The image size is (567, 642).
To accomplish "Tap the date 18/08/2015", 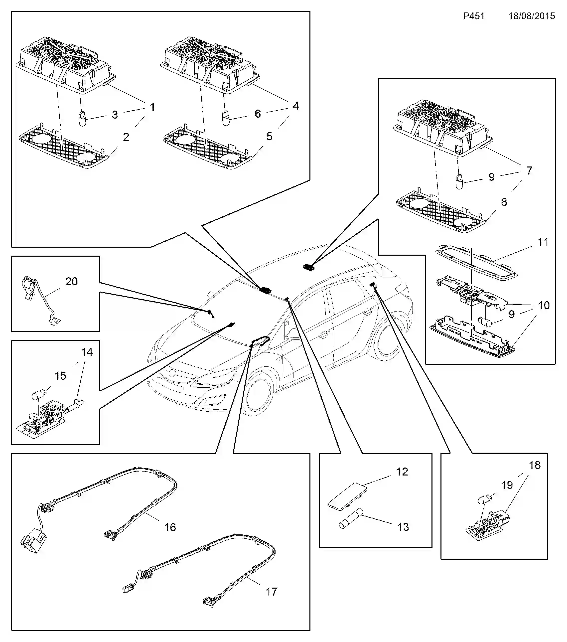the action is pos(532,16).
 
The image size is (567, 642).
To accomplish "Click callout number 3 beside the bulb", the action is pos(115,115).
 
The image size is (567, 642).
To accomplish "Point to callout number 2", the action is pos(126,137).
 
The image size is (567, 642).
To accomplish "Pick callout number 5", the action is pos(269,136).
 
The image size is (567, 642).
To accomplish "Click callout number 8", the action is pos(504,202).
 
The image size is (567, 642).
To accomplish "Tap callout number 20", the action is pos(72,281).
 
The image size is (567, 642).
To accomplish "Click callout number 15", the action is pos(60,376).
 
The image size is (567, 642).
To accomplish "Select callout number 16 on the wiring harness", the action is pos(170,527).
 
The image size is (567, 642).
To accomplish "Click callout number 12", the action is pos(402,472).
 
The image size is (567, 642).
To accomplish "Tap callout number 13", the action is pos(403,527).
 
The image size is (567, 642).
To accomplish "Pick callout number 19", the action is pos(507,485).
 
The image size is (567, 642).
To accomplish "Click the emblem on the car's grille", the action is pos(171,373).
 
